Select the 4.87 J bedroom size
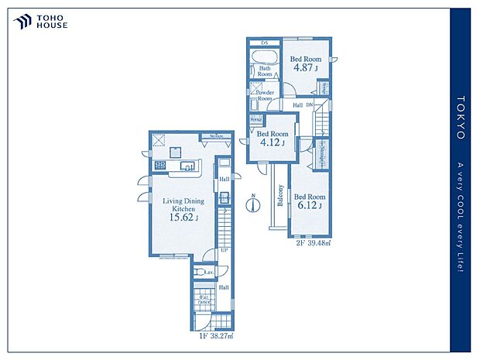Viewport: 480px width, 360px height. tap(306, 67)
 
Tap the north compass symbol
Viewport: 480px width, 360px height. tap(253, 204)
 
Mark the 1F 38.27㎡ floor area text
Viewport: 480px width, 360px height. tap(214, 336)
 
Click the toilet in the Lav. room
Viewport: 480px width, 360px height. tap(208, 273)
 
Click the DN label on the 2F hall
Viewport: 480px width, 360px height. tap(309, 105)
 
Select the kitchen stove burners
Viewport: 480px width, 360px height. tap(162, 165)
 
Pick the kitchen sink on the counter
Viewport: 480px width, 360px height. tap(187, 166)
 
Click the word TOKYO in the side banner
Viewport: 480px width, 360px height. tap(460, 118)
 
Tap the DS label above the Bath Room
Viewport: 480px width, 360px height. tap(264, 42)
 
